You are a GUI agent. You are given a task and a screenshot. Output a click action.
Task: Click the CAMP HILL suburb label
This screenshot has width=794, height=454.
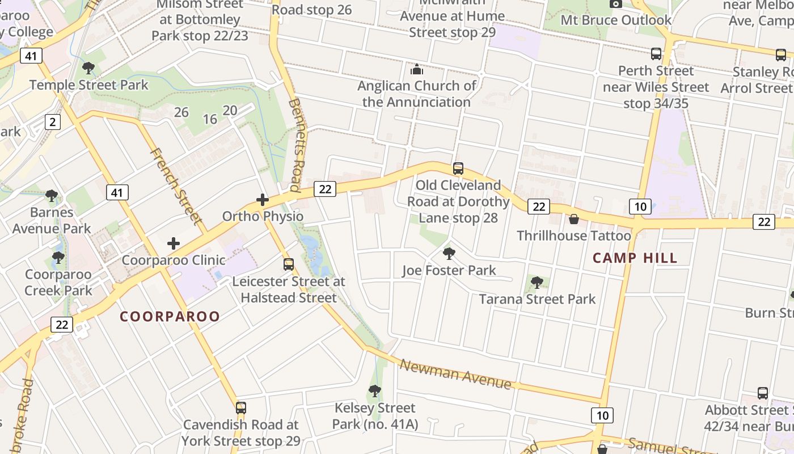click(635, 258)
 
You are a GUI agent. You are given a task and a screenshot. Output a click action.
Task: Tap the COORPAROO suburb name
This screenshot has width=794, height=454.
click(170, 317)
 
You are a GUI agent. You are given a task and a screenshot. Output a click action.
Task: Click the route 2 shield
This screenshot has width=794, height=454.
click(53, 121)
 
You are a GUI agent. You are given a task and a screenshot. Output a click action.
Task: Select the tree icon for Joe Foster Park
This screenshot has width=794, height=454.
click(449, 253)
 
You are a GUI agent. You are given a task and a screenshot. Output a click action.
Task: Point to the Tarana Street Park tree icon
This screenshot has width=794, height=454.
click(537, 282)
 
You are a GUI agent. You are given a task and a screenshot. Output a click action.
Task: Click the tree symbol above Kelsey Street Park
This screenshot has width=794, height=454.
click(374, 390)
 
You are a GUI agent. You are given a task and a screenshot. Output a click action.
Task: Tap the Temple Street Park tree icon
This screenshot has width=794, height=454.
click(88, 68)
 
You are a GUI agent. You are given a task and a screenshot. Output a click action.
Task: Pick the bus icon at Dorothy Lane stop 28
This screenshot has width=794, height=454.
click(458, 168)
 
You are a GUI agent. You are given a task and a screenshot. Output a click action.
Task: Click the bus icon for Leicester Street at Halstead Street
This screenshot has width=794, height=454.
click(289, 264)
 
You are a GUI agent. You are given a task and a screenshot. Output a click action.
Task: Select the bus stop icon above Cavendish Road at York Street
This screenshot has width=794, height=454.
click(241, 407)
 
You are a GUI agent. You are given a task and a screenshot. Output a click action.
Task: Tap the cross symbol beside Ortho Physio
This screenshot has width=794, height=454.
click(262, 199)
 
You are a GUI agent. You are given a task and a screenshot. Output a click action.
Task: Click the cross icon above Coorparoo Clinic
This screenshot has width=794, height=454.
click(174, 243)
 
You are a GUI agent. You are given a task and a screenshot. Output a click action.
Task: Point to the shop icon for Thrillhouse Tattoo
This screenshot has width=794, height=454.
click(574, 218)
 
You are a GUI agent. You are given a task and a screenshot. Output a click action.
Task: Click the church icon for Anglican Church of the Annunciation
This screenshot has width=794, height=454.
click(417, 69)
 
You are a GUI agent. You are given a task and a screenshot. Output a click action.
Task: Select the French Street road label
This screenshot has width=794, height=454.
click(176, 186)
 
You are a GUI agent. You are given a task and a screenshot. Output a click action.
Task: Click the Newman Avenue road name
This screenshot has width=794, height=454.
click(455, 374)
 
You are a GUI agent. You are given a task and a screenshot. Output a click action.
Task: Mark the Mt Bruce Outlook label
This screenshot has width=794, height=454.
click(616, 20)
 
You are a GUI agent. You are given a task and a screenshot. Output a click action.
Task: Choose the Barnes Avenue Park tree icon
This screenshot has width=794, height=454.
click(52, 196)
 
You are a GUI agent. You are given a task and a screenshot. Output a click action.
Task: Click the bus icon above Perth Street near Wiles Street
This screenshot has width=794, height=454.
click(656, 54)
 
